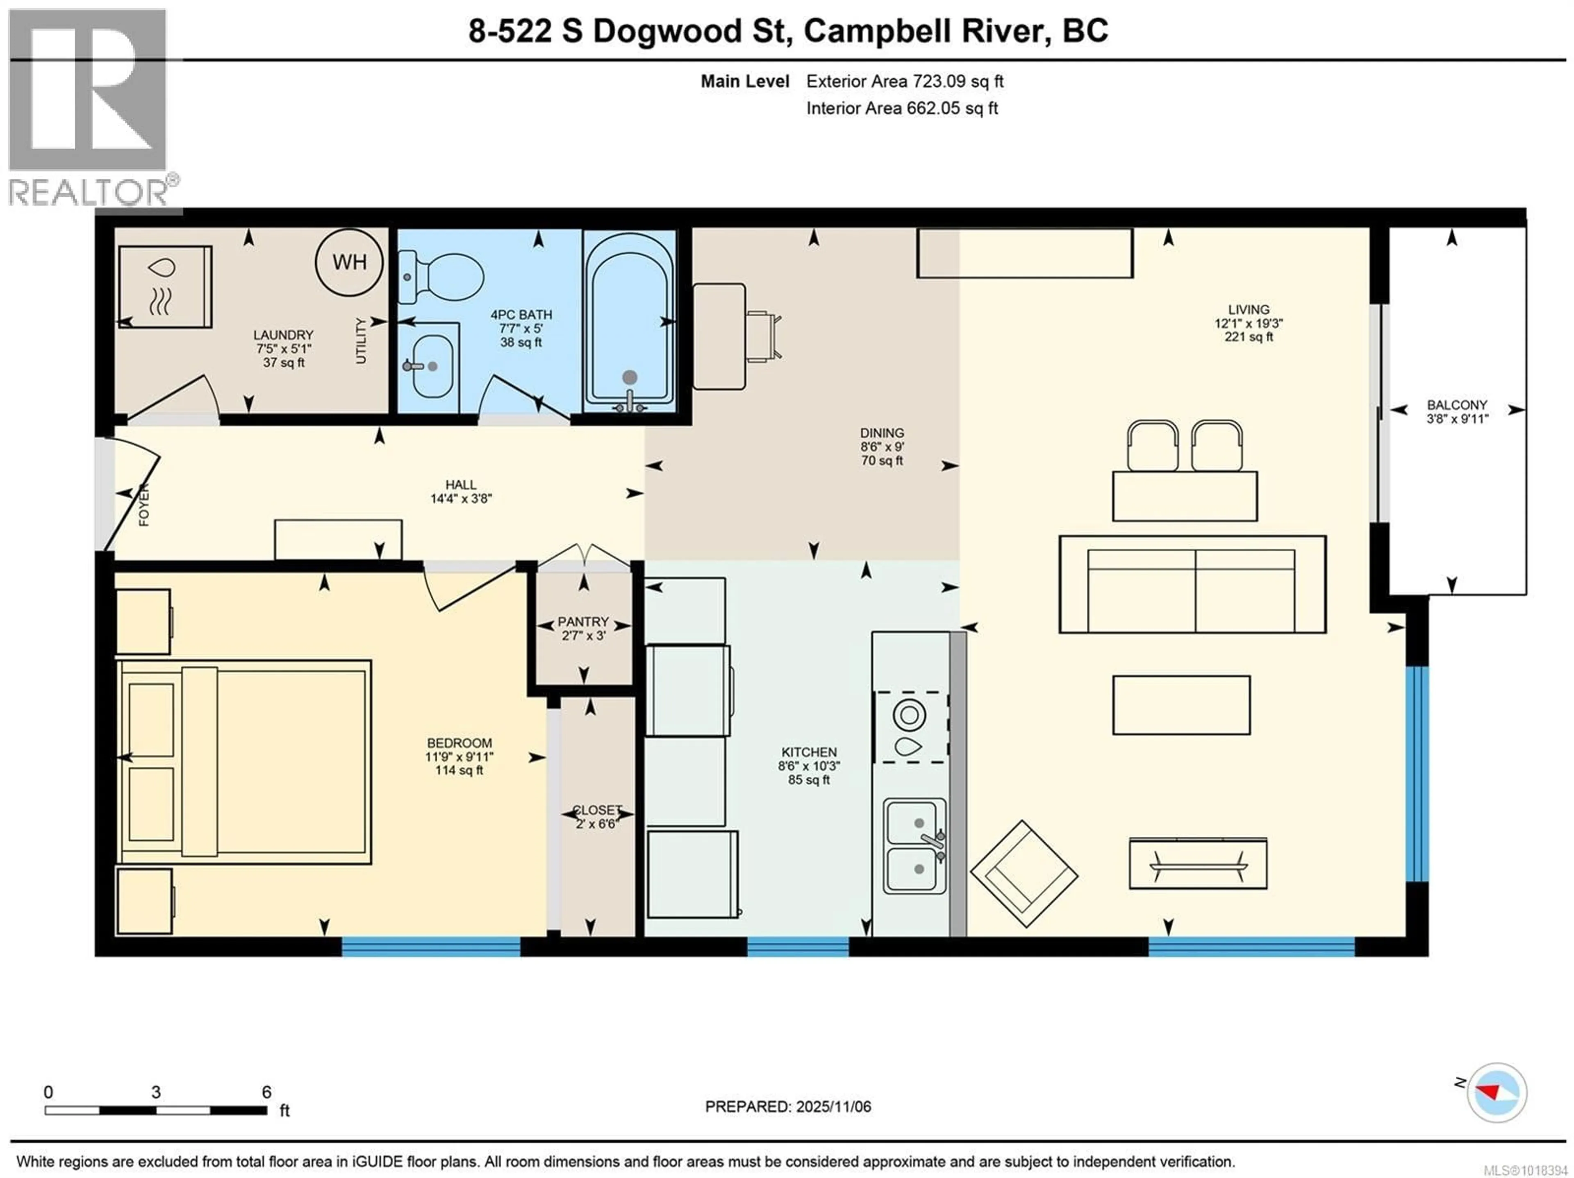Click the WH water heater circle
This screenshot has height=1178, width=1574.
coord(349,263)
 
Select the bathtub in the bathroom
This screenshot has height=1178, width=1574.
coord(629,324)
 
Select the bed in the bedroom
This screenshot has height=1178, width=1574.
coord(246,762)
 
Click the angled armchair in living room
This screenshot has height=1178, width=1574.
coord(1024,874)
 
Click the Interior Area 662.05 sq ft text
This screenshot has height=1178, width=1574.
coord(901,108)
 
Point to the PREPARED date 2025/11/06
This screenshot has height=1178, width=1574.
coord(788,1107)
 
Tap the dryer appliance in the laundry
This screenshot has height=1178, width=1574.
coord(165,286)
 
